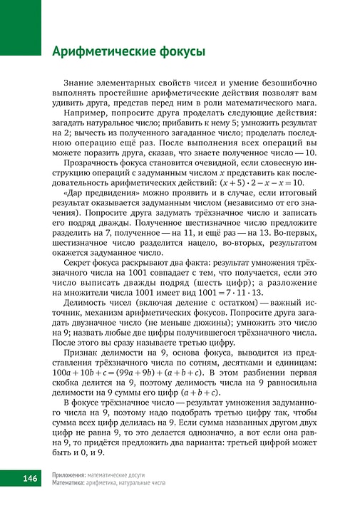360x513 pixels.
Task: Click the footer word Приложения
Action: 69,475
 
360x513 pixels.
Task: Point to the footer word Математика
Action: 70,482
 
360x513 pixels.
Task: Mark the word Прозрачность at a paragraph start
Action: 93,162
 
